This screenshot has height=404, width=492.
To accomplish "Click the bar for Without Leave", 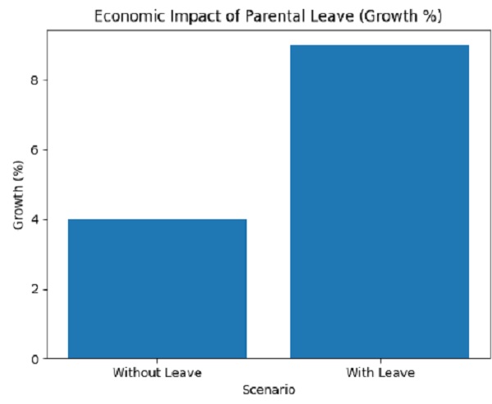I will (x=157, y=288).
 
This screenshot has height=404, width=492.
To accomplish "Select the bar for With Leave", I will (x=380, y=201).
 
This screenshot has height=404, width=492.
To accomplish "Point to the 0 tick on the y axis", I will (x=36, y=359).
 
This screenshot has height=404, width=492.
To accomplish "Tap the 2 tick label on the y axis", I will (x=36, y=289).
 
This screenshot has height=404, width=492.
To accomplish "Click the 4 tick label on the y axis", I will (x=36, y=219).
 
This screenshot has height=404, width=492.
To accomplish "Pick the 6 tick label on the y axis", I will (x=36, y=149).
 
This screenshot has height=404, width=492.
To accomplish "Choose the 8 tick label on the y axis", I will (x=36, y=80).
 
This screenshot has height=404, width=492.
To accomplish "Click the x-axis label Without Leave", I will (x=157, y=373).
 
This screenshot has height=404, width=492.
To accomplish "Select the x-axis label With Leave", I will (x=380, y=373).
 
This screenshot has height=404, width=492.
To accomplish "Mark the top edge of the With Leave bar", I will (x=380, y=45).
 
